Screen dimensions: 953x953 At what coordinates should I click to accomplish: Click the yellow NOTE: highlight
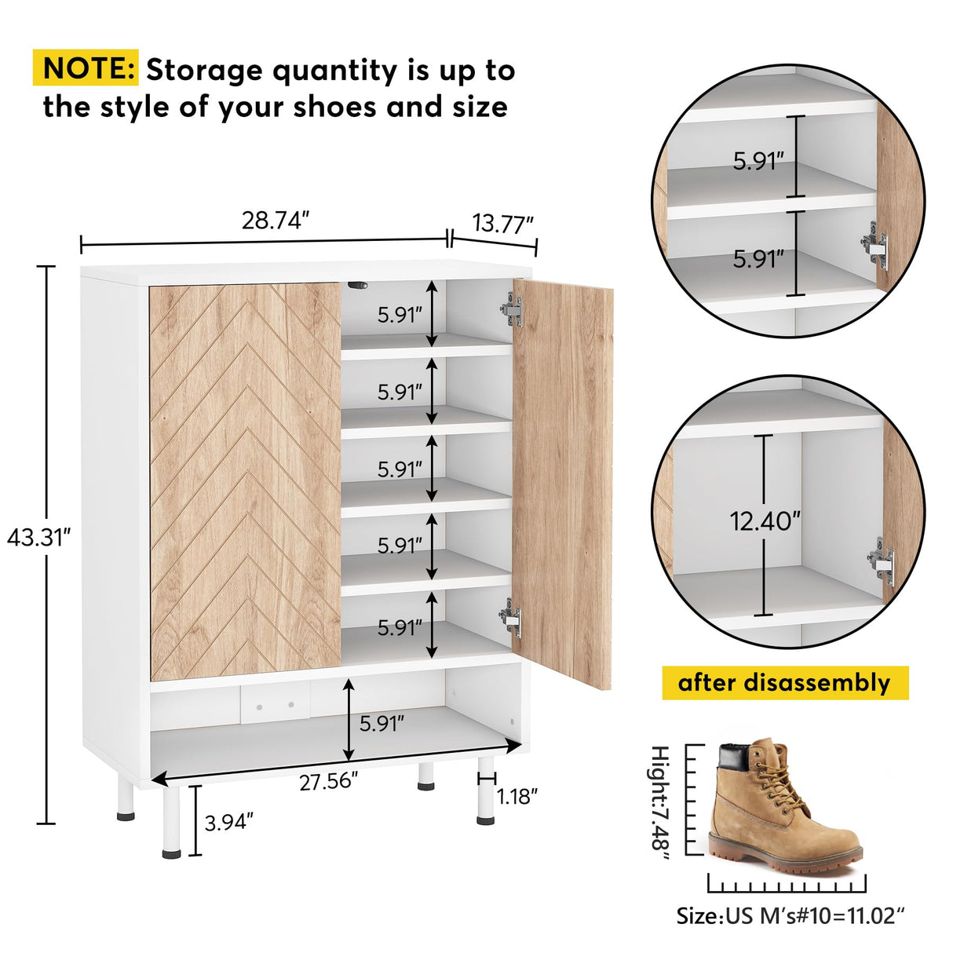tap(86, 69)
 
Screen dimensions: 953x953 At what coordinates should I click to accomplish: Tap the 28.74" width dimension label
tap(271, 221)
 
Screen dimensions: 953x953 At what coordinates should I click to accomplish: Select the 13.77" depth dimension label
tap(502, 224)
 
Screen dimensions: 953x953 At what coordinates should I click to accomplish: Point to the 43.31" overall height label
tap(38, 538)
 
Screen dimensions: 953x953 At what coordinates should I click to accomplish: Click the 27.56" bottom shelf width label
tap(329, 782)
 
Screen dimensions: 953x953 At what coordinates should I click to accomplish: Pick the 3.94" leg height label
tap(228, 823)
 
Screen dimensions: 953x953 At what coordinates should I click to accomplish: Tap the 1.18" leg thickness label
tap(517, 797)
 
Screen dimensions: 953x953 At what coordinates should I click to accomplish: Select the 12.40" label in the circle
tap(765, 520)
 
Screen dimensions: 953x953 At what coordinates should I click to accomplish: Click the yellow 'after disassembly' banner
tap(784, 683)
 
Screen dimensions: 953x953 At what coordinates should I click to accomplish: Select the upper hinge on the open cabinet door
tap(511, 309)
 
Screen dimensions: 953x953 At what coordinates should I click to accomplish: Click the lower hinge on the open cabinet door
tap(511, 616)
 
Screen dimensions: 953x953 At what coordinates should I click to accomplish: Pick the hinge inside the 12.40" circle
tap(882, 558)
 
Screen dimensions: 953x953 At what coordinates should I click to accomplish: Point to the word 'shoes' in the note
tap(336, 107)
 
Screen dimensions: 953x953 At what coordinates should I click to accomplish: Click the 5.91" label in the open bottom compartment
tap(382, 723)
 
